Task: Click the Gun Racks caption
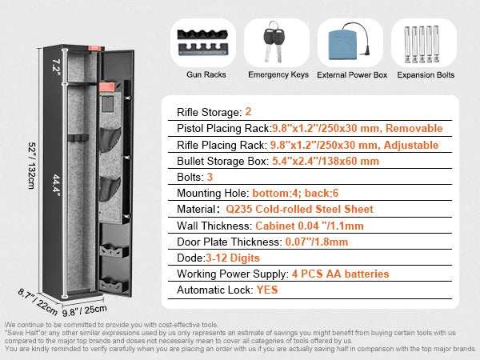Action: (x=206, y=74)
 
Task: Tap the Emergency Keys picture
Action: (x=274, y=42)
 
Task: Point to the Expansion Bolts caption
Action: (x=426, y=75)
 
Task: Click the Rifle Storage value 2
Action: (x=248, y=112)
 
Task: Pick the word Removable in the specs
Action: (x=414, y=128)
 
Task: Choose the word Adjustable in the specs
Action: (x=411, y=145)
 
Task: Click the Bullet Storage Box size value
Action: (x=326, y=161)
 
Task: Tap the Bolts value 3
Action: (x=210, y=177)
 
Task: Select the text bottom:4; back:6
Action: (x=295, y=193)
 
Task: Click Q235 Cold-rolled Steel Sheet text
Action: (x=299, y=209)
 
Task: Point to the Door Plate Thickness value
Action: (x=317, y=242)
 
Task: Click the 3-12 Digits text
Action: (x=233, y=258)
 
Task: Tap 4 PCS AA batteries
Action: (x=341, y=274)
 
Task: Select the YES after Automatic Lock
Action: (x=267, y=290)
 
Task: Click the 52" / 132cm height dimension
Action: (x=32, y=166)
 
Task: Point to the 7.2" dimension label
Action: (x=56, y=66)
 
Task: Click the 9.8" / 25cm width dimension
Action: (x=85, y=310)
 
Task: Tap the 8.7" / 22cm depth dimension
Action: (x=38, y=302)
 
